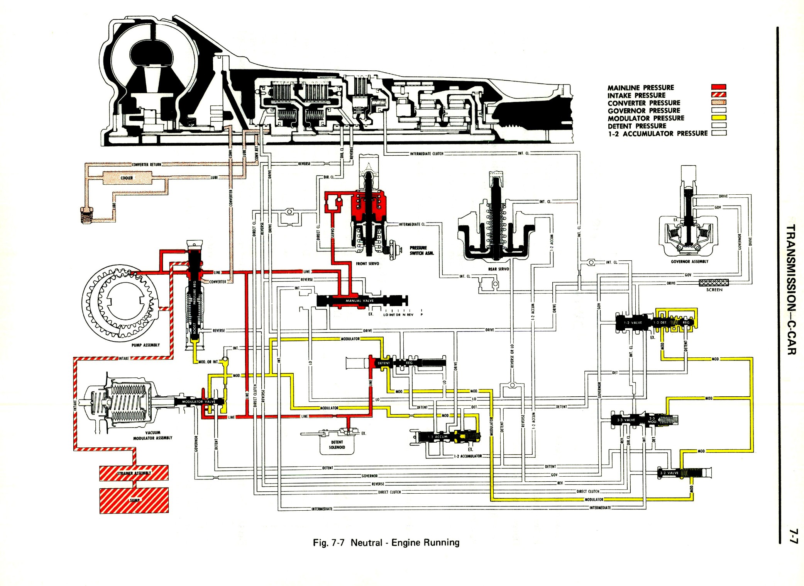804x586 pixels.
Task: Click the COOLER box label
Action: tap(127, 178)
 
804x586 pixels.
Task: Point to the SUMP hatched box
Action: tap(134, 500)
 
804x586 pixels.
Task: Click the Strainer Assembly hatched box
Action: tap(134, 473)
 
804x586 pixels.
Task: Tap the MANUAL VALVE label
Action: tap(359, 301)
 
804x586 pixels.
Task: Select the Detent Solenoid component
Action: tap(337, 444)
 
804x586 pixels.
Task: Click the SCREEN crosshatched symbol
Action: tap(714, 283)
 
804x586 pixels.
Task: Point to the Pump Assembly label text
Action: tap(146, 345)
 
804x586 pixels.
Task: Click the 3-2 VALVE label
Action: tap(669, 473)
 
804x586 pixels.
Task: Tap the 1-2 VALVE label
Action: tap(633, 323)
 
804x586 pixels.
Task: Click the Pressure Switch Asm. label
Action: tap(421, 250)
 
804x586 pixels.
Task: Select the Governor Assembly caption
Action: tap(689, 262)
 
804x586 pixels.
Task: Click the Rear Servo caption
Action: tap(499, 269)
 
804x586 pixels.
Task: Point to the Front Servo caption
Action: tap(367, 263)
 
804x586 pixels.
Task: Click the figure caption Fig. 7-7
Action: tap(386, 543)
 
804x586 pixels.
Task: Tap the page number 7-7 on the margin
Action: tap(792, 537)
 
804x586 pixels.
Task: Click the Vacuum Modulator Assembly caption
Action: tap(152, 435)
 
